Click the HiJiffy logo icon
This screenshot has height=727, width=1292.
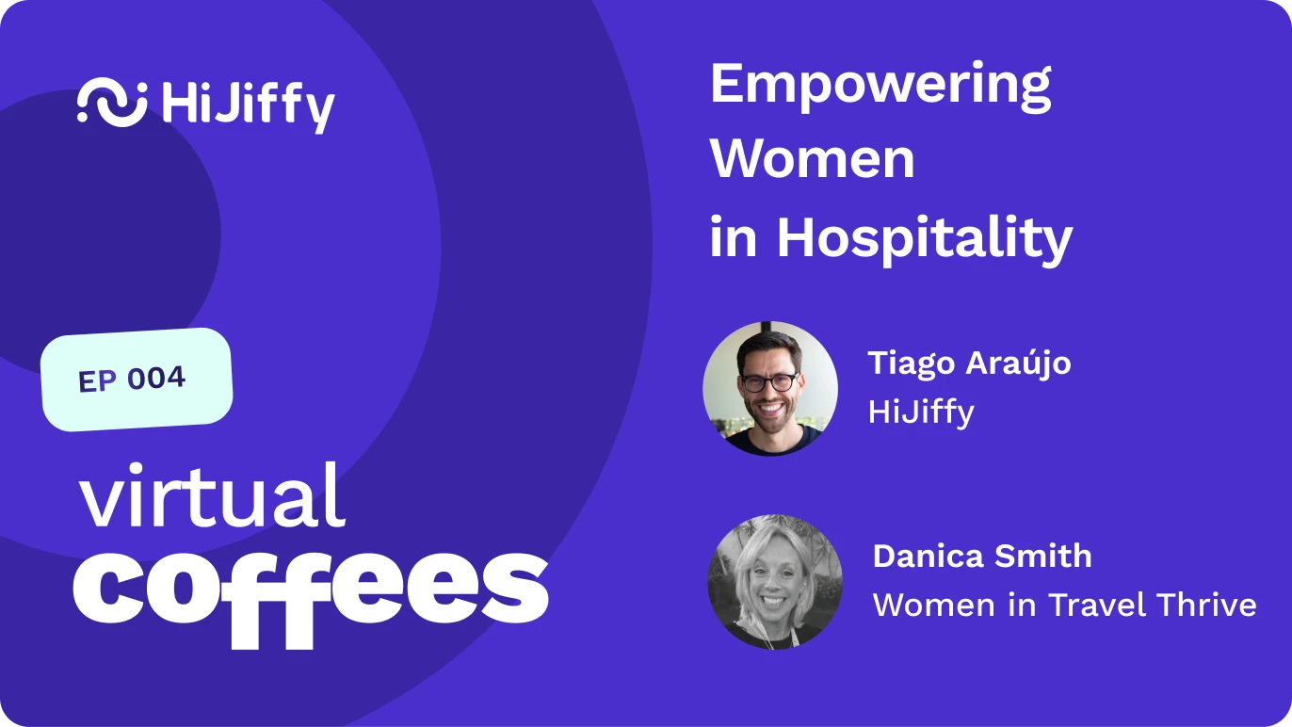[112, 102]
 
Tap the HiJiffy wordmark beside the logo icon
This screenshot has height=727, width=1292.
[249, 107]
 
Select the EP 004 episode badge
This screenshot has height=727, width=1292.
[137, 380]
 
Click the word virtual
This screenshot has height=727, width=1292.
[212, 495]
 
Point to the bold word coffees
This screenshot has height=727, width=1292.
[311, 593]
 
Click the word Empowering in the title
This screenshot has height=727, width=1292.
[880, 87]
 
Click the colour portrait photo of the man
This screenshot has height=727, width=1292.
[770, 388]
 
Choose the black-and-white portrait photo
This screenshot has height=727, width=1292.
[775, 582]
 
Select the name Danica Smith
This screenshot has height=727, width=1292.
[981, 557]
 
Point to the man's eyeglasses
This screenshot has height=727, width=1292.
[768, 382]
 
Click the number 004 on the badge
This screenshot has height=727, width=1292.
[155, 378]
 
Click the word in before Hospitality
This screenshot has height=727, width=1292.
[733, 236]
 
